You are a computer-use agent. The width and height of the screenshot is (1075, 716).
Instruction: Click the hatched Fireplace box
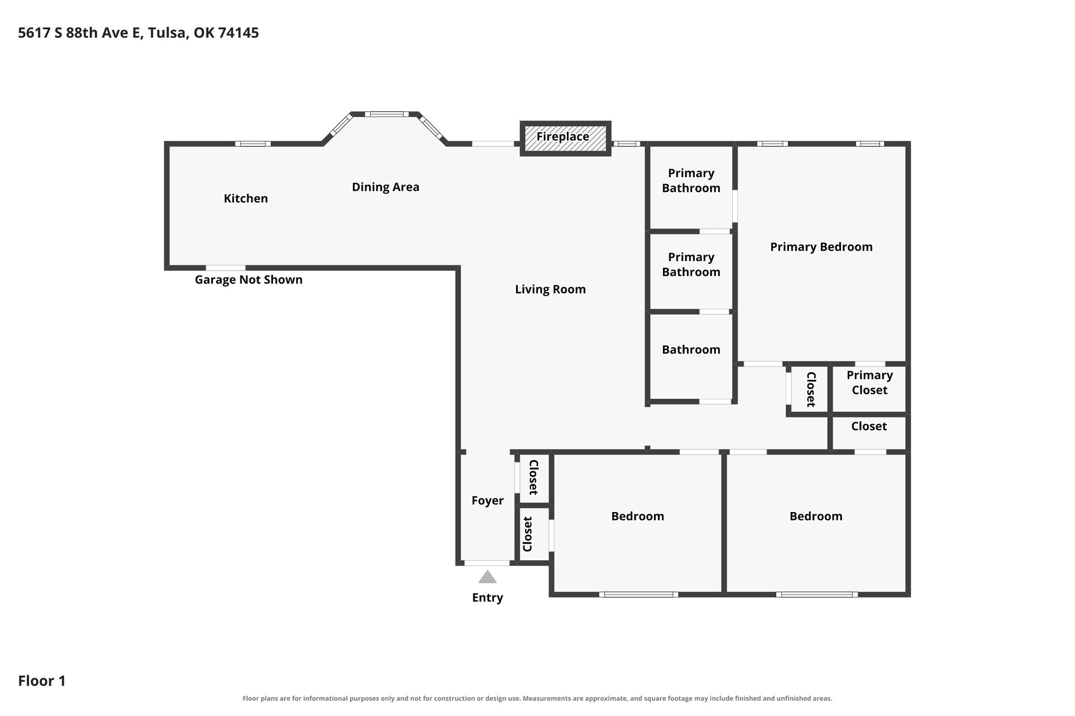pyautogui.click(x=565, y=138)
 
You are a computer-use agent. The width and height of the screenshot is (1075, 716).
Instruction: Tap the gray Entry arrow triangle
pyautogui.click(x=488, y=577)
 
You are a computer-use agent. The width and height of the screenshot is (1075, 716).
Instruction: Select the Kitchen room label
pyautogui.click(x=246, y=198)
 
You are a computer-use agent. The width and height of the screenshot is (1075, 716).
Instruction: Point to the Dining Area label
pyautogui.click(x=385, y=187)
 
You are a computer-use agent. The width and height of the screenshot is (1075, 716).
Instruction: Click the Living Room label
pyautogui.click(x=550, y=289)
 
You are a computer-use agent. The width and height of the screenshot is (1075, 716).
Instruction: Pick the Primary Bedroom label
pyautogui.click(x=821, y=247)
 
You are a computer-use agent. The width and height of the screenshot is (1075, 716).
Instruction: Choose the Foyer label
pyautogui.click(x=487, y=500)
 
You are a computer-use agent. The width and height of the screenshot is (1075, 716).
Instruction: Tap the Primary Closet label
pyautogui.click(x=869, y=382)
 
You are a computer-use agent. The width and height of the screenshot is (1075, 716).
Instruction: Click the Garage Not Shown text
pyautogui.click(x=248, y=280)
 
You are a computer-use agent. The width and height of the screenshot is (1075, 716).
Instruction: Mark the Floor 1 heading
pyautogui.click(x=42, y=681)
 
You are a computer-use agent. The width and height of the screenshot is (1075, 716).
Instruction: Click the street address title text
pyautogui.click(x=138, y=33)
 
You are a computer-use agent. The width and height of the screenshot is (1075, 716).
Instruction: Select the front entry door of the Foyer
pyautogui.click(x=487, y=563)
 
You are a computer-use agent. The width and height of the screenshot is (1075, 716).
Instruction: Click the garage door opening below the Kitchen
pyautogui.click(x=226, y=268)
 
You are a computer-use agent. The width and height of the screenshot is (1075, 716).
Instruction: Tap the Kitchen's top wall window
pyautogui.click(x=253, y=144)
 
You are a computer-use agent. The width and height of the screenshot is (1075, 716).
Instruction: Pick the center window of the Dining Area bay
pyautogui.click(x=387, y=114)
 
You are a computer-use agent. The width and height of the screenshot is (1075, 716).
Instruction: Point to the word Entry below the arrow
pyautogui.click(x=487, y=597)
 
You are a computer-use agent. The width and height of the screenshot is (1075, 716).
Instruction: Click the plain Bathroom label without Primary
pyautogui.click(x=691, y=350)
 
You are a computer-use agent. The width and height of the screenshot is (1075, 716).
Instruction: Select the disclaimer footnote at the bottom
pyautogui.click(x=537, y=698)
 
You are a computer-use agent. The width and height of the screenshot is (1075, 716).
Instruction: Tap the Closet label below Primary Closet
pyautogui.click(x=869, y=426)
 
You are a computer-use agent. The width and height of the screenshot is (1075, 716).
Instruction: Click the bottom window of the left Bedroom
pyautogui.click(x=638, y=594)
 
